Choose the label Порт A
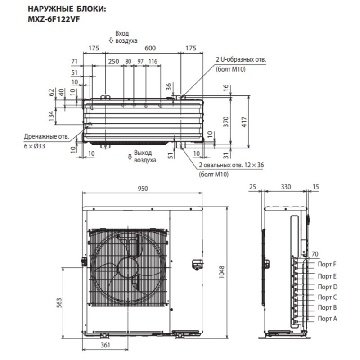coord(327,318)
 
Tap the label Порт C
coord(327,297)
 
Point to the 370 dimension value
coord(226,121)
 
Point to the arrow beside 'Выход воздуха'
coord(130,156)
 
